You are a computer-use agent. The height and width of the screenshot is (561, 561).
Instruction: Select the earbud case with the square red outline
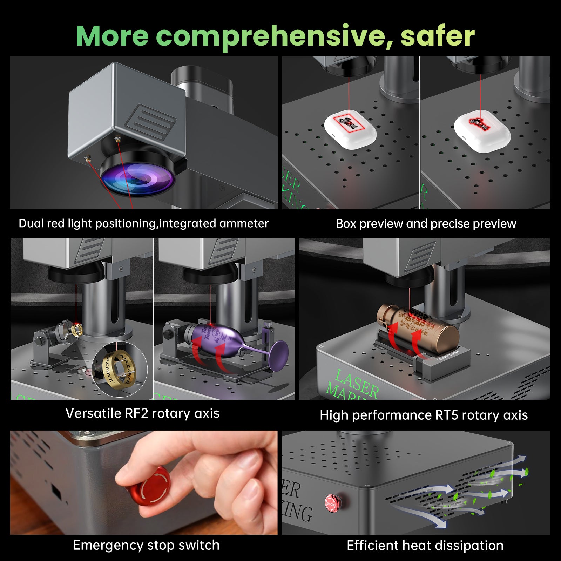350,130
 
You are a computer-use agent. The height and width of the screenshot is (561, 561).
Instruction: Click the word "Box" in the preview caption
346,223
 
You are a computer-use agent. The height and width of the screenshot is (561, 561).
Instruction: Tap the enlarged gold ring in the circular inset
119,371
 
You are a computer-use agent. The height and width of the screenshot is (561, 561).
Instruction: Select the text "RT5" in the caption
446,415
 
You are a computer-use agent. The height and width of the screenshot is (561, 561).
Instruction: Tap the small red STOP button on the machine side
330,503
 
